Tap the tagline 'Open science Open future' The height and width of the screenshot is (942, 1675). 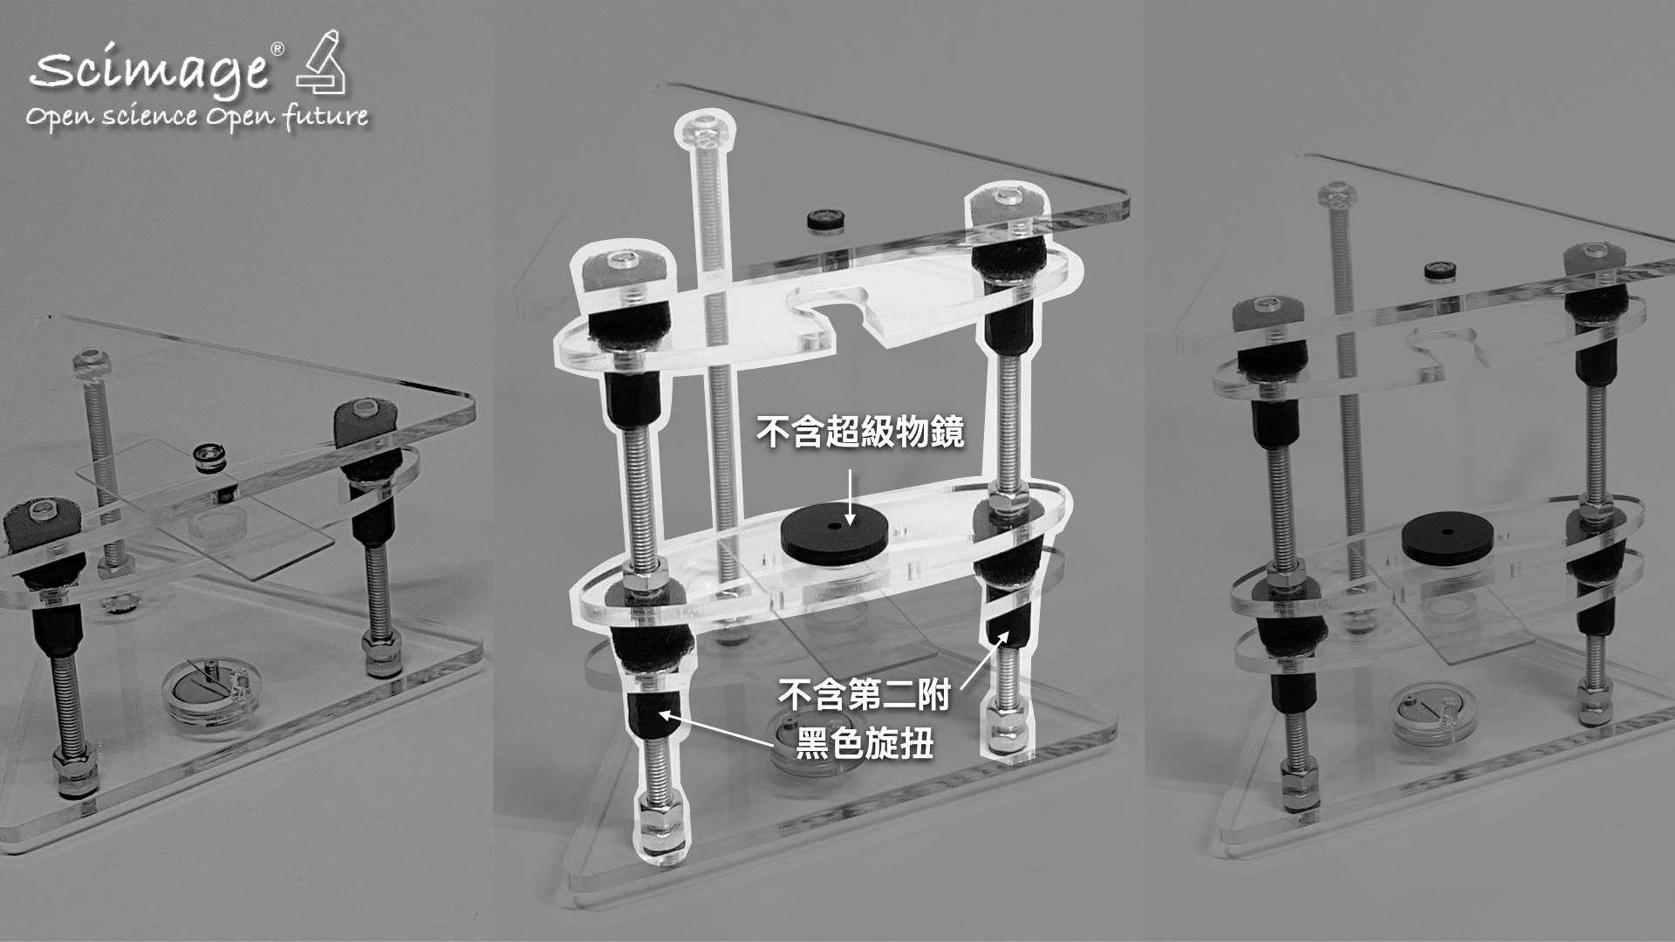click(197, 117)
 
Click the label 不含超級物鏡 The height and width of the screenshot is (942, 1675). click(859, 431)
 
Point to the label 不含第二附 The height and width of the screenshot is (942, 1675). click(864, 697)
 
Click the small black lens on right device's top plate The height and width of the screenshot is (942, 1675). click(1439, 271)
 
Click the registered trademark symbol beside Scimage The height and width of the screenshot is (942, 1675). click(277, 50)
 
